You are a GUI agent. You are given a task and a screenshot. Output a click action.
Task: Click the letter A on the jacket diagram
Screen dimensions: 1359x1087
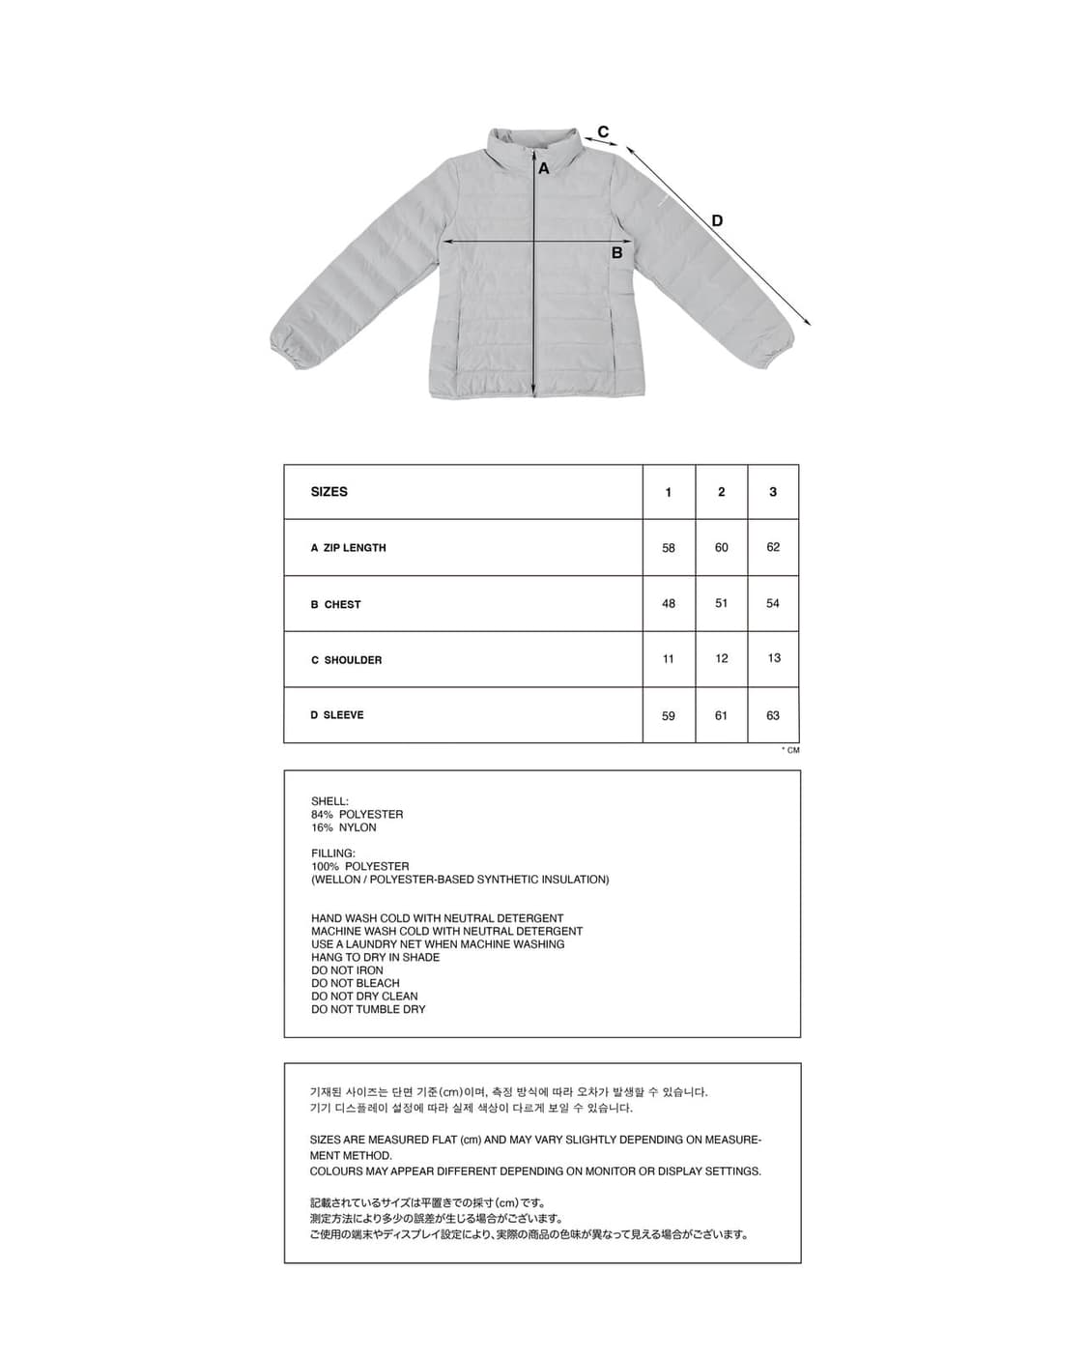click(544, 169)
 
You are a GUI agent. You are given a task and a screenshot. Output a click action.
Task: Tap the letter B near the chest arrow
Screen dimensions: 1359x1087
click(616, 253)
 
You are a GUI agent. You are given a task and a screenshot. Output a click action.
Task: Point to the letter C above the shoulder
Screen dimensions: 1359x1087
click(603, 132)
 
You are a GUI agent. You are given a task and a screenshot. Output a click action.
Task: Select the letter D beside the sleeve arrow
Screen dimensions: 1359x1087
click(717, 220)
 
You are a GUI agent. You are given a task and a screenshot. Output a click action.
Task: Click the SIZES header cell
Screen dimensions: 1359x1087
click(329, 492)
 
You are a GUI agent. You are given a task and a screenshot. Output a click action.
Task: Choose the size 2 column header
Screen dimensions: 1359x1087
click(721, 492)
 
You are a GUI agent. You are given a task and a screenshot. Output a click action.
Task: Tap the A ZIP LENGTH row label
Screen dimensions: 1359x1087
click(349, 548)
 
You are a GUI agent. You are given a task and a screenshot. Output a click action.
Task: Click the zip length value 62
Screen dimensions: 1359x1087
click(773, 547)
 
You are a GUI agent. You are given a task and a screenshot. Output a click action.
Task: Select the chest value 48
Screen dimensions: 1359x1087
click(669, 603)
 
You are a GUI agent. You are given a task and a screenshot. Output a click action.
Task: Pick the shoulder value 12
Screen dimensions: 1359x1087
click(721, 658)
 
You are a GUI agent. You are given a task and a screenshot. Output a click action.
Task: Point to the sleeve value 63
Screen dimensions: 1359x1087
click(773, 715)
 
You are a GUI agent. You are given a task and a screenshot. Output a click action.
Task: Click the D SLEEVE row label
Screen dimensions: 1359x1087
click(337, 715)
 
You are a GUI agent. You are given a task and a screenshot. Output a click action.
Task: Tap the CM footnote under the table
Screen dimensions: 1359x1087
click(791, 750)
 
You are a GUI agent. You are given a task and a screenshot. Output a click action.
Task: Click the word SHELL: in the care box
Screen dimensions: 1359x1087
click(329, 801)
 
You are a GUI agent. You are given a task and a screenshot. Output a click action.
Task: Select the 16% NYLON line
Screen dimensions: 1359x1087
click(344, 827)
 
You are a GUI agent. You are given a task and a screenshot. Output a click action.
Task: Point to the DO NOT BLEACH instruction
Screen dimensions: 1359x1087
click(356, 983)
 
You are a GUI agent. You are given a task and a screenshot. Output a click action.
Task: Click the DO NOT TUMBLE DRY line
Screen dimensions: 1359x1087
click(368, 1009)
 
